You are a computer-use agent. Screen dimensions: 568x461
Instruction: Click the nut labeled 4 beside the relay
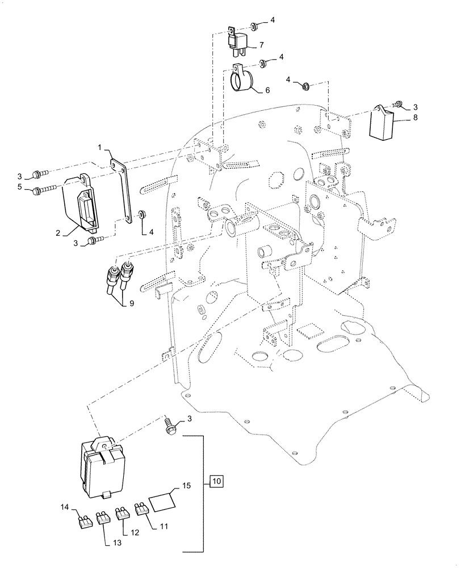253,26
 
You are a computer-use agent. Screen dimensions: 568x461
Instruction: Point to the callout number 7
261,44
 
